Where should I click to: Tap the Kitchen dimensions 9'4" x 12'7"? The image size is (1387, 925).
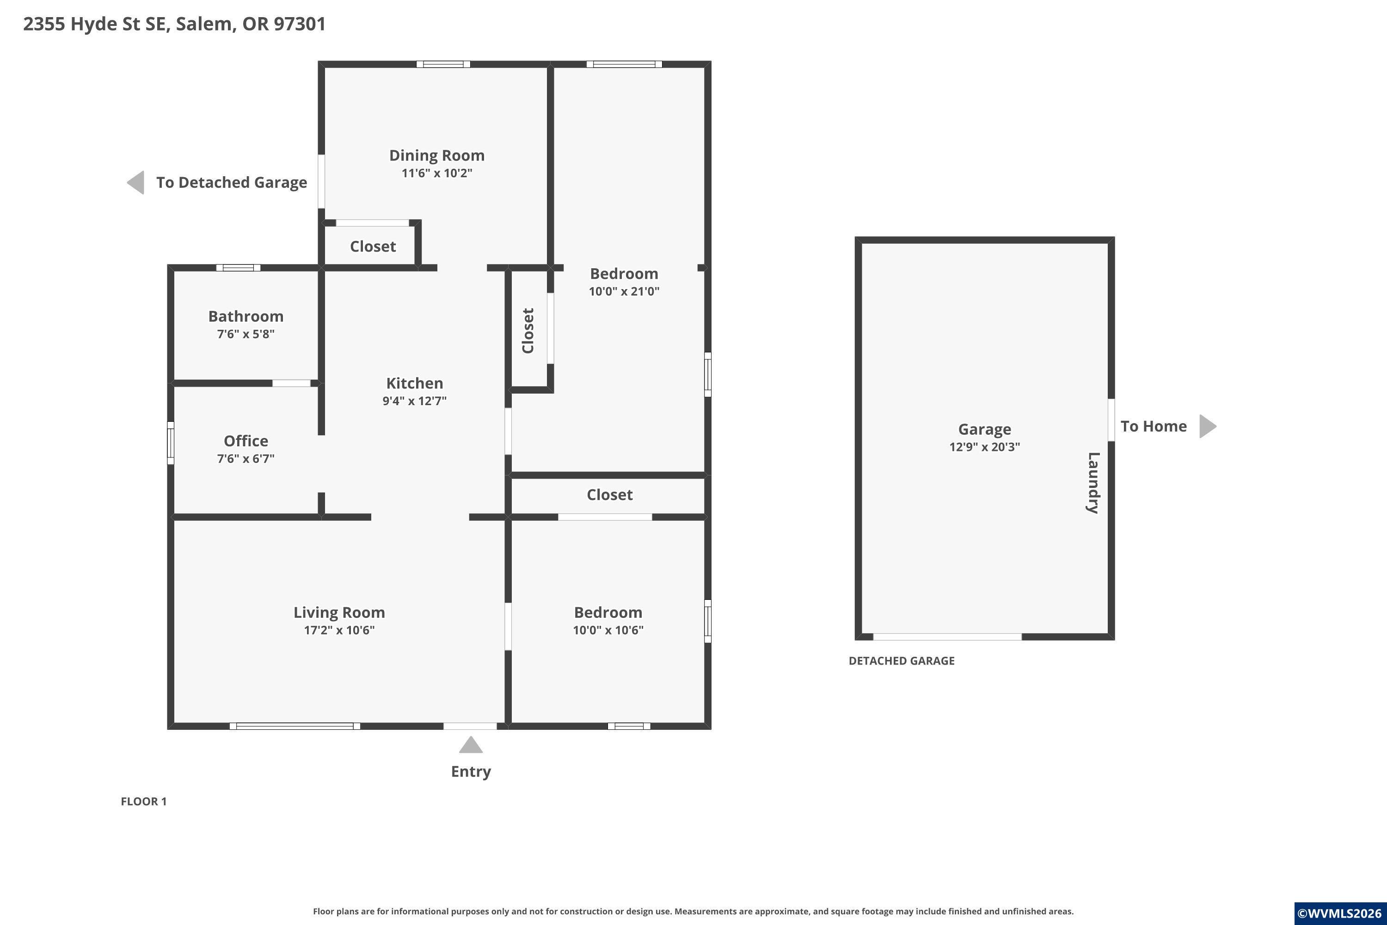[415, 401]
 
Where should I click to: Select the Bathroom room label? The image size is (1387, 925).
[246, 316]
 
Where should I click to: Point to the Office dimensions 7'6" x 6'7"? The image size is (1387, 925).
[246, 458]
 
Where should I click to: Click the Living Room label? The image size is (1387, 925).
[339, 613]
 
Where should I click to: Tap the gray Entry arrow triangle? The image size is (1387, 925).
[471, 745]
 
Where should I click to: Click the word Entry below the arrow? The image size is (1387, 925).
[471, 771]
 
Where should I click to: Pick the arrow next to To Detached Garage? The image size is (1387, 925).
[135, 182]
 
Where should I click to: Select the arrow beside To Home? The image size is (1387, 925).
[1208, 426]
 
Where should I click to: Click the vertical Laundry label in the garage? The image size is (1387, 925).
[1093, 482]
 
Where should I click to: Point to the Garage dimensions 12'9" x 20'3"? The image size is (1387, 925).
[985, 447]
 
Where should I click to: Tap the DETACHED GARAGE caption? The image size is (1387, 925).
[902, 661]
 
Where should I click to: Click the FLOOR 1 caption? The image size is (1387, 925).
[144, 801]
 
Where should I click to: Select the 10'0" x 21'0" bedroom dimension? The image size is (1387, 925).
[624, 291]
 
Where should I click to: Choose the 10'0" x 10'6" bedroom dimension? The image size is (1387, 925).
[608, 630]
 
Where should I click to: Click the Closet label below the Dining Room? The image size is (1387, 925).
[373, 246]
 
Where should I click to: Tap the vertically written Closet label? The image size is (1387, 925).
[528, 331]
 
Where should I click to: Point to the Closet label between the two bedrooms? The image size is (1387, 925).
[610, 494]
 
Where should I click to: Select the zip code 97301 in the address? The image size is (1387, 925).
[300, 24]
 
